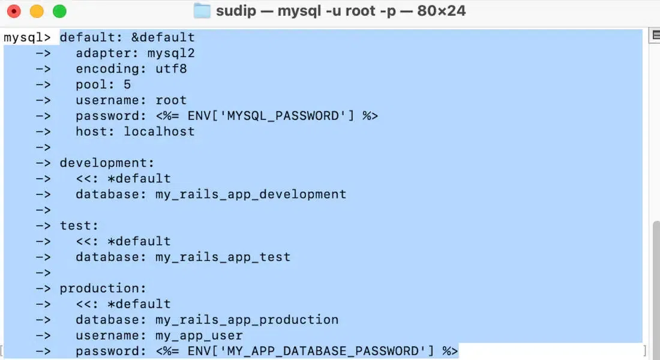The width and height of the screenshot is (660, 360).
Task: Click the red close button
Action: [x=14, y=11]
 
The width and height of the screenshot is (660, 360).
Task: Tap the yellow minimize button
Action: [x=37, y=11]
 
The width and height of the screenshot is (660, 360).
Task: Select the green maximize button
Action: [x=59, y=11]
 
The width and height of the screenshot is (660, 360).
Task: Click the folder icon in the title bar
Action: [x=202, y=11]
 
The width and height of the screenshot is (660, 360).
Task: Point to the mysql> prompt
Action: [x=27, y=37]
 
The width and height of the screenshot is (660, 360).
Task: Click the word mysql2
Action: [x=171, y=53]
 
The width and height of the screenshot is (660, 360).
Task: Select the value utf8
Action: [x=171, y=68]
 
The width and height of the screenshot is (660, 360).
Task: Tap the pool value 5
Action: [x=127, y=85]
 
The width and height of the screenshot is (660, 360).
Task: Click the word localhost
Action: [x=159, y=131]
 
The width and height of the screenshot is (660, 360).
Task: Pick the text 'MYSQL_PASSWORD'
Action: [x=283, y=116]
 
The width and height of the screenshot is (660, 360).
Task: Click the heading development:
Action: [x=107, y=163]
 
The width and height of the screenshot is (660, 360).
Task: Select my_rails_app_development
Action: [x=251, y=194]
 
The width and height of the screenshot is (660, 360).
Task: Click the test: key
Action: [x=79, y=226]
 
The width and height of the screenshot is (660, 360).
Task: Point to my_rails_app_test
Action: [x=223, y=257]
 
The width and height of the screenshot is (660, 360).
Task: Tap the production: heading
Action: [x=103, y=289]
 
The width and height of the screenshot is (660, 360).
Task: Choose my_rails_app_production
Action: [x=247, y=320]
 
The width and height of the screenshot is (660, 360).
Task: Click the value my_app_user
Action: [x=199, y=335]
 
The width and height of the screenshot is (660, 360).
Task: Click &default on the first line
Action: [x=163, y=37]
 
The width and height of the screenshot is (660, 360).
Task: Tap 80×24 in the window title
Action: [x=442, y=11]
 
